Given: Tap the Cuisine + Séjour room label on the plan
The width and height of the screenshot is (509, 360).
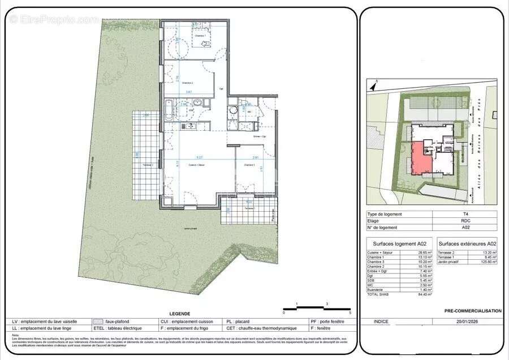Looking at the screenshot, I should [197, 165].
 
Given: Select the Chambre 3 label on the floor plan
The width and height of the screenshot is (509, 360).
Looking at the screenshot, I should [249, 165].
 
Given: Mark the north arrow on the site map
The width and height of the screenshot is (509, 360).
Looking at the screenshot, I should [372, 86].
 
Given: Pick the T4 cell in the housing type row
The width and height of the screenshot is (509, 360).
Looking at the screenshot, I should [464, 214].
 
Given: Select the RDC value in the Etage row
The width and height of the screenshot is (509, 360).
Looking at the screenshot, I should [464, 221].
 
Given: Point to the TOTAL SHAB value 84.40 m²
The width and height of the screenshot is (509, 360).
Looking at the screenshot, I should [424, 294].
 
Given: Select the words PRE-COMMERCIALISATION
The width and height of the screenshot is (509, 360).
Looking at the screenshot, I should [473, 311].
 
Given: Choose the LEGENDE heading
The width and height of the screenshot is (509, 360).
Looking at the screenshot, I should [180, 314].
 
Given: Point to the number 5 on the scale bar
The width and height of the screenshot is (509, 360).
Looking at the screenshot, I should [350, 313].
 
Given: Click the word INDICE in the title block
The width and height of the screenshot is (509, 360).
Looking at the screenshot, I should [382, 322].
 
